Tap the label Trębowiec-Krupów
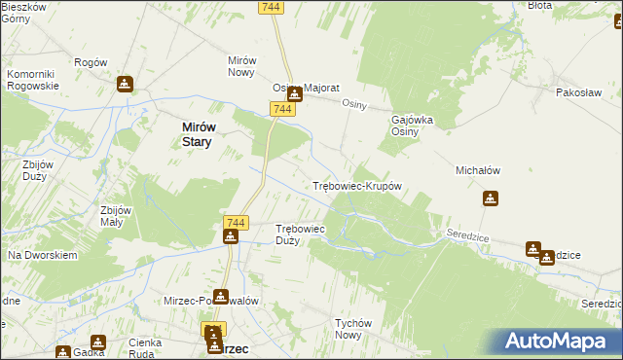click(356, 186)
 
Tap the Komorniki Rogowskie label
click(33, 80)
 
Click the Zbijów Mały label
click(116, 215)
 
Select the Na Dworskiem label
click(42, 255)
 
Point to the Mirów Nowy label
click(241, 66)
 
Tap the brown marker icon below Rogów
click(125, 84)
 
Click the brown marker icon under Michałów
click(492, 199)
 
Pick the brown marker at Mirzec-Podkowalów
click(222, 296)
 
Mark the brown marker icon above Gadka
click(98, 342)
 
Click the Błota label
click(539, 6)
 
